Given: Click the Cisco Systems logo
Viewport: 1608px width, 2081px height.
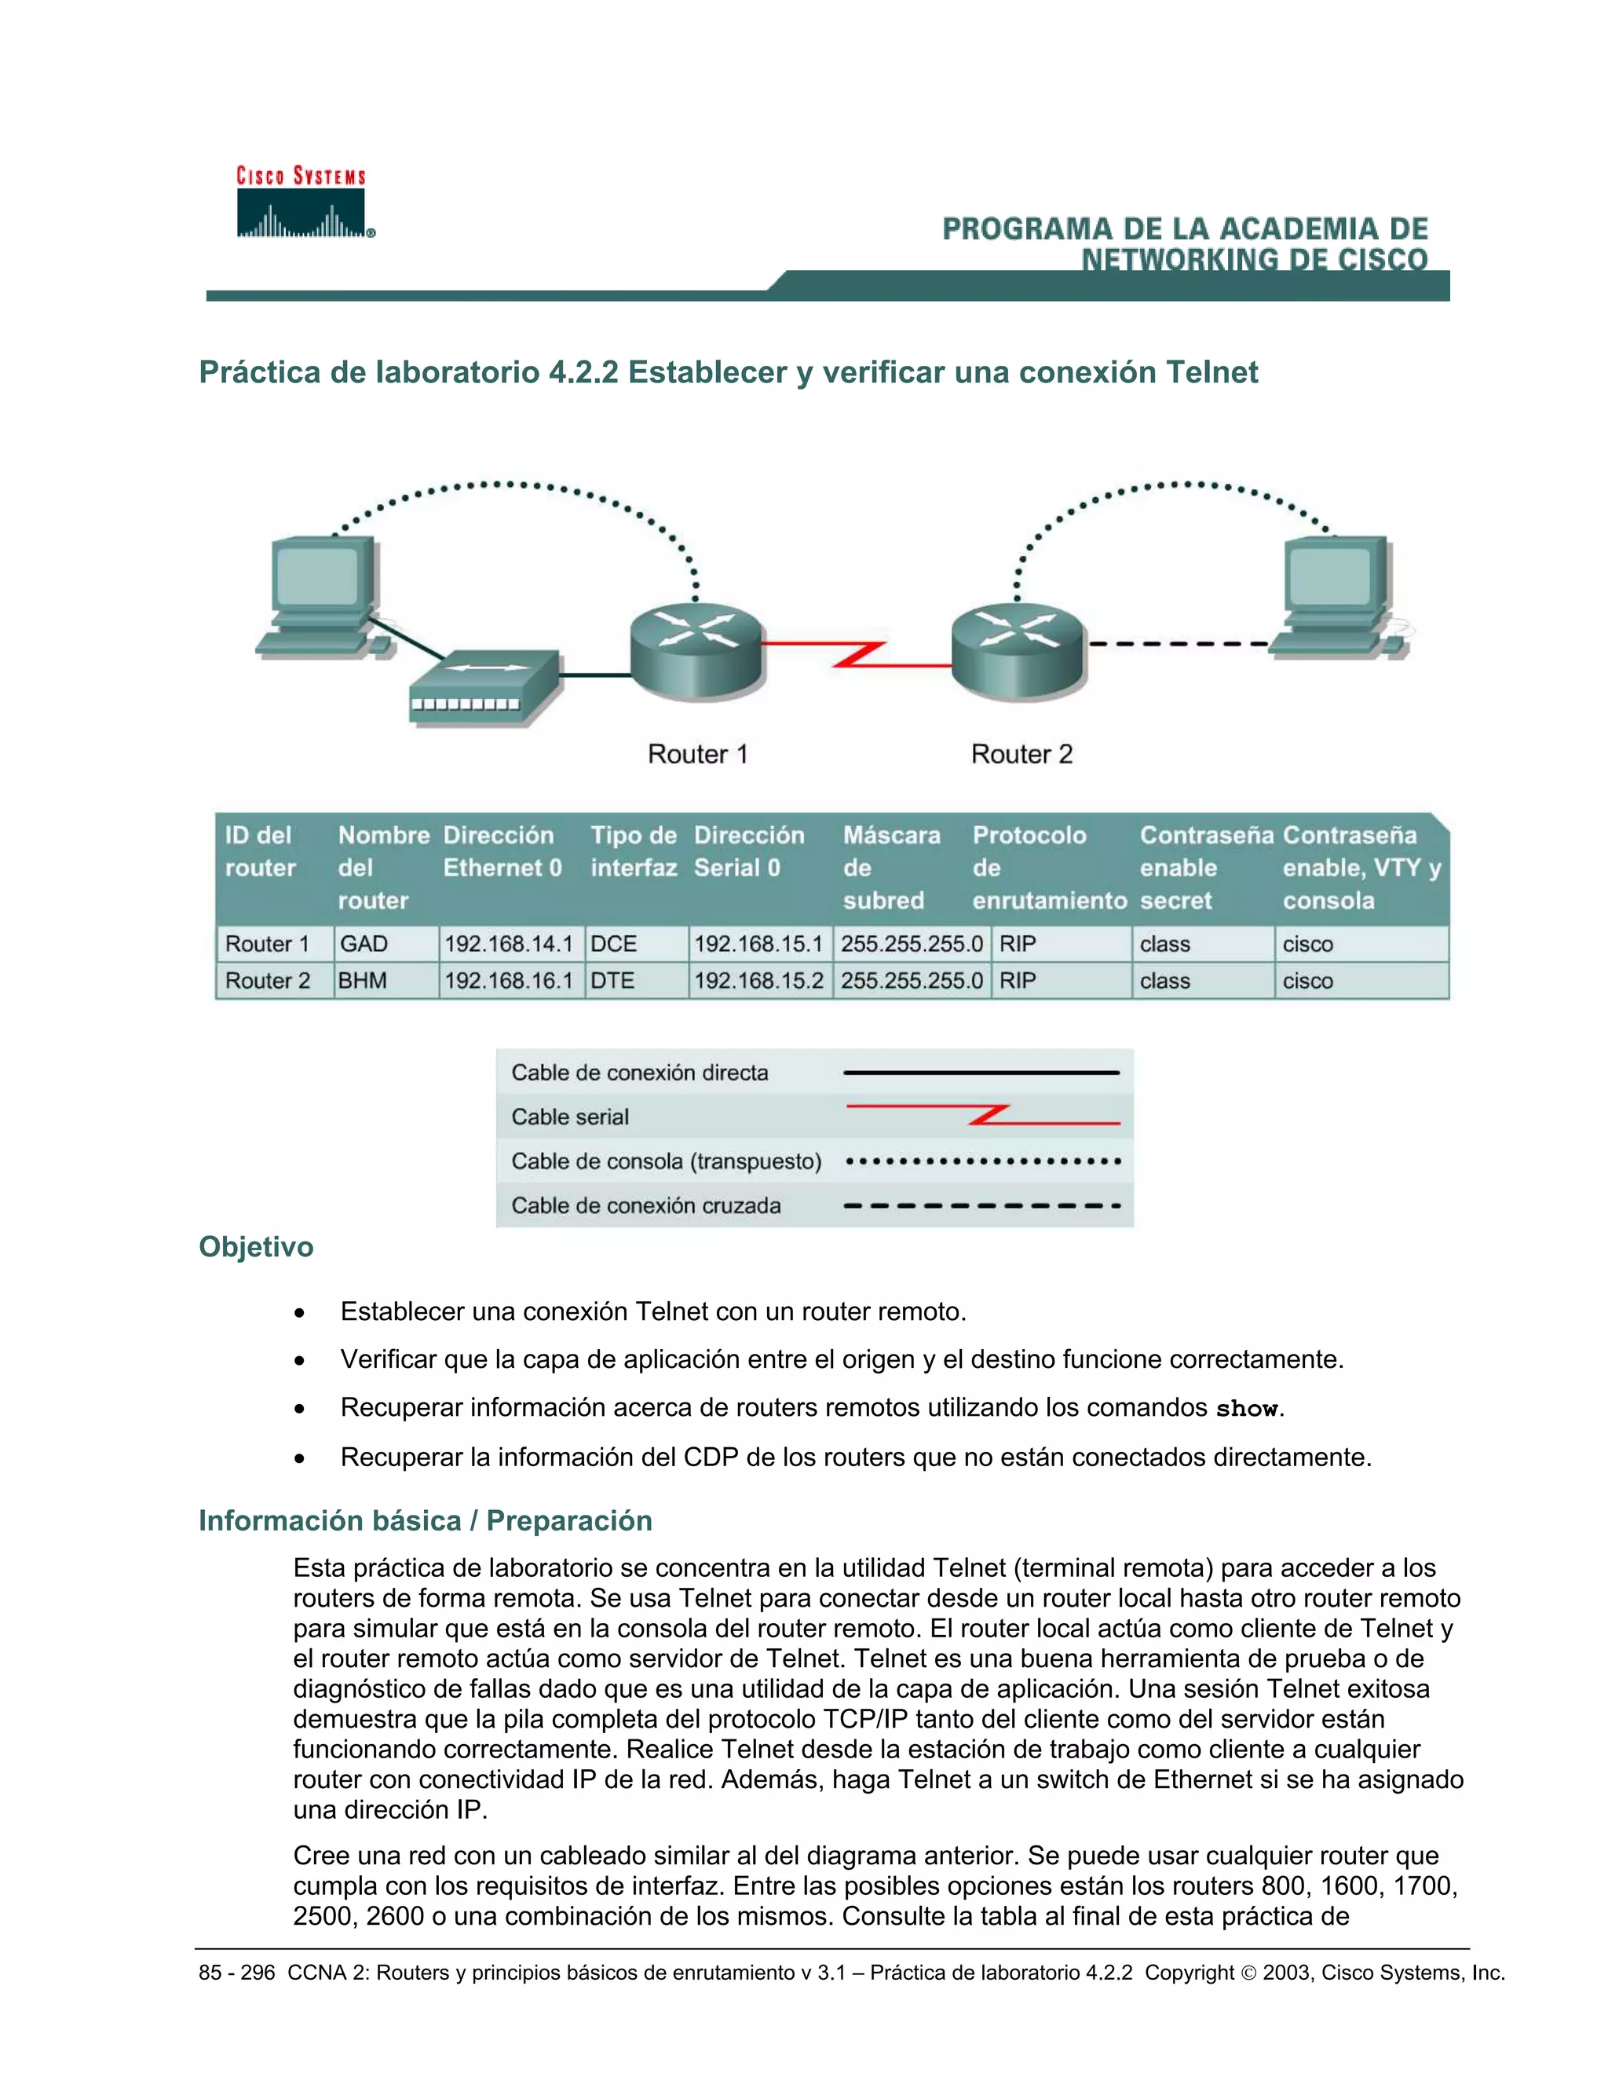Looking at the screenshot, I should pyautogui.click(x=302, y=203).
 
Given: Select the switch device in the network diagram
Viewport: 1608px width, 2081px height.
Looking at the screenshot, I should pyautogui.click(x=484, y=688).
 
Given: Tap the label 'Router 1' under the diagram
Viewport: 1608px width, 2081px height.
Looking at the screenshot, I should pyautogui.click(x=697, y=755).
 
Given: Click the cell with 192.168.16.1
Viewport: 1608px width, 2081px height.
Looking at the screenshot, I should pyautogui.click(x=509, y=981).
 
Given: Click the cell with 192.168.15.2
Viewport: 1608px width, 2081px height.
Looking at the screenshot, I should pyautogui.click(x=758, y=981).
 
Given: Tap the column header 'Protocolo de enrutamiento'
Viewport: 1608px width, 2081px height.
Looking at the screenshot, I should pyautogui.click(x=1049, y=867).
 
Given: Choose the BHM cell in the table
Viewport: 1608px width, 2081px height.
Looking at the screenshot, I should pyautogui.click(x=363, y=981).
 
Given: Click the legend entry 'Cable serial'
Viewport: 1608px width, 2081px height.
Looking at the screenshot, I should pyautogui.click(x=570, y=1117).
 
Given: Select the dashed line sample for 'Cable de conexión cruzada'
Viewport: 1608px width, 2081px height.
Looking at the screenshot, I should pyautogui.click(x=981, y=1205).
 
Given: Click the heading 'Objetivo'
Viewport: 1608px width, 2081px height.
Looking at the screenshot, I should pyautogui.click(x=255, y=1247).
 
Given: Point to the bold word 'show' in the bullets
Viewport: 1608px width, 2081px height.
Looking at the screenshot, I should pyautogui.click(x=1246, y=1408).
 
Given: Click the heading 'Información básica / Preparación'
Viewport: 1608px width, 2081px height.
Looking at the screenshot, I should pyautogui.click(x=425, y=1521).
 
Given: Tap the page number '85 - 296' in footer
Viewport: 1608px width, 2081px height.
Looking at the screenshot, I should pyautogui.click(x=236, y=1973).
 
